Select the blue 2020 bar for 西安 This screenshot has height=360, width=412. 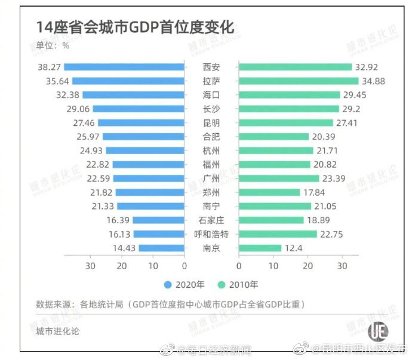(124, 67)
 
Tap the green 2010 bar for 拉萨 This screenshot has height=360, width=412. (299, 81)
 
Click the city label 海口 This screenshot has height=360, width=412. (211, 94)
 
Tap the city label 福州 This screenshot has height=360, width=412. (211, 164)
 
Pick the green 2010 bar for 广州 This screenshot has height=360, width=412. (279, 178)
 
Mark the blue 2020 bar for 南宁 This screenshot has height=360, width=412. (150, 206)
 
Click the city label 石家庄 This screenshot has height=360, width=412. (211, 220)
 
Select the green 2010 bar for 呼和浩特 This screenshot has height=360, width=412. (278, 234)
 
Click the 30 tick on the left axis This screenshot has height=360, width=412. (91, 266)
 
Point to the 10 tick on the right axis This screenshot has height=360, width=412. (273, 266)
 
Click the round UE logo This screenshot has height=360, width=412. (377, 331)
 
